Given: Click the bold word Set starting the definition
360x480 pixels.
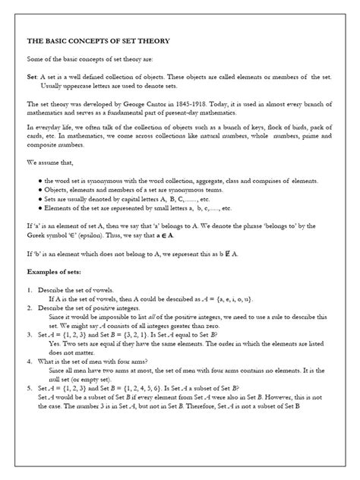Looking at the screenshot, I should (x=32, y=77).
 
